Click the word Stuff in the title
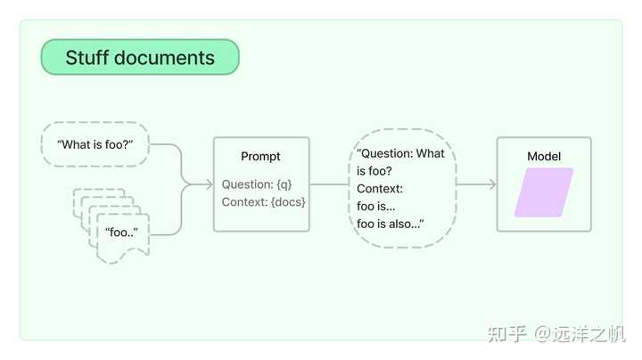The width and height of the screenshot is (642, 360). coord(86,58)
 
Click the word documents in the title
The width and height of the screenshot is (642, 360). coord(164,58)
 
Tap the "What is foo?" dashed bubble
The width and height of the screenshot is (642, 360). coord(95,144)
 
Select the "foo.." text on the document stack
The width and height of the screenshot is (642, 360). coord(121,233)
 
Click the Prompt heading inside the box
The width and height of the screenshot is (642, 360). coord(260,156)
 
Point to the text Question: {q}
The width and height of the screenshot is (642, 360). coord(257,184)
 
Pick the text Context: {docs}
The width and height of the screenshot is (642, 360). coord(264,202)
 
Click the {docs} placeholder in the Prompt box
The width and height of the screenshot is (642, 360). coord(288,202)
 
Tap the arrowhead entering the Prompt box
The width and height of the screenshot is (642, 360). coord(209,184)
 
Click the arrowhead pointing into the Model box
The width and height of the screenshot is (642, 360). coord(492,184)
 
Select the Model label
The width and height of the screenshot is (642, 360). coord(544,156)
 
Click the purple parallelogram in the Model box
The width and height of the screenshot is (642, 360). coord(544,192)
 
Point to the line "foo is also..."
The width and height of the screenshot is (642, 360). coord(391,224)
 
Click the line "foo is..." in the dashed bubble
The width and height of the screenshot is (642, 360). coord(376,206)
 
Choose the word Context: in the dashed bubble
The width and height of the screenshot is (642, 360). coord(380,189)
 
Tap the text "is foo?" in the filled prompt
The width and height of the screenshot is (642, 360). coord(374,171)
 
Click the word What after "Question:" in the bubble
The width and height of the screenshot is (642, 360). coord(431,153)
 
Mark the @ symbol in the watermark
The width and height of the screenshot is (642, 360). coord(542,334)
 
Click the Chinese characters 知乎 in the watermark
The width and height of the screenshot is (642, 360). coord(506,334)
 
